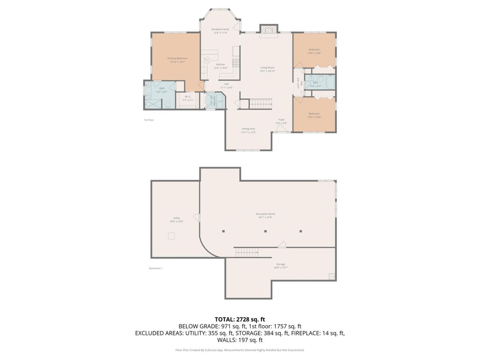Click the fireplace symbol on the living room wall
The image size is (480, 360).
(x=269, y=30)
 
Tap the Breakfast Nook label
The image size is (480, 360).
(x=220, y=29)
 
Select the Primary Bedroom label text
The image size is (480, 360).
(x=177, y=58)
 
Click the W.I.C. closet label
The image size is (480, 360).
(x=188, y=97)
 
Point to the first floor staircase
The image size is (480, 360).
(x=260, y=104)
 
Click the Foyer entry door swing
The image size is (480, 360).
(x=281, y=129)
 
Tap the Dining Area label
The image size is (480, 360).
(x=248, y=129)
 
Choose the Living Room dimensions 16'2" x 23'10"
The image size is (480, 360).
(x=267, y=71)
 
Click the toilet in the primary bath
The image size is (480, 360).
(x=168, y=105)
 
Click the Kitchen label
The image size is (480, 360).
(x=220, y=64)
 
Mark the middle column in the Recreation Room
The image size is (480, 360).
(x=266, y=231)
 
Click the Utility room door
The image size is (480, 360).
(x=196, y=217)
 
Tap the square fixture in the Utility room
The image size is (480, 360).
(x=171, y=236)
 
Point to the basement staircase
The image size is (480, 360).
(x=247, y=252)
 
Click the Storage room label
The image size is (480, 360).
(x=280, y=264)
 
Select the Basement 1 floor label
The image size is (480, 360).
(x=155, y=268)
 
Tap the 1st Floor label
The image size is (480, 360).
(x=149, y=120)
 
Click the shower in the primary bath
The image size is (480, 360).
(x=153, y=104)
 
